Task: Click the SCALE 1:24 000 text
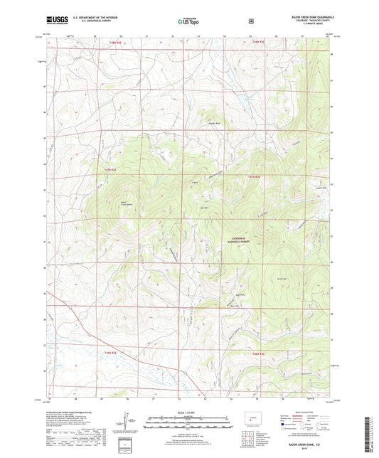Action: tap(188, 412)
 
